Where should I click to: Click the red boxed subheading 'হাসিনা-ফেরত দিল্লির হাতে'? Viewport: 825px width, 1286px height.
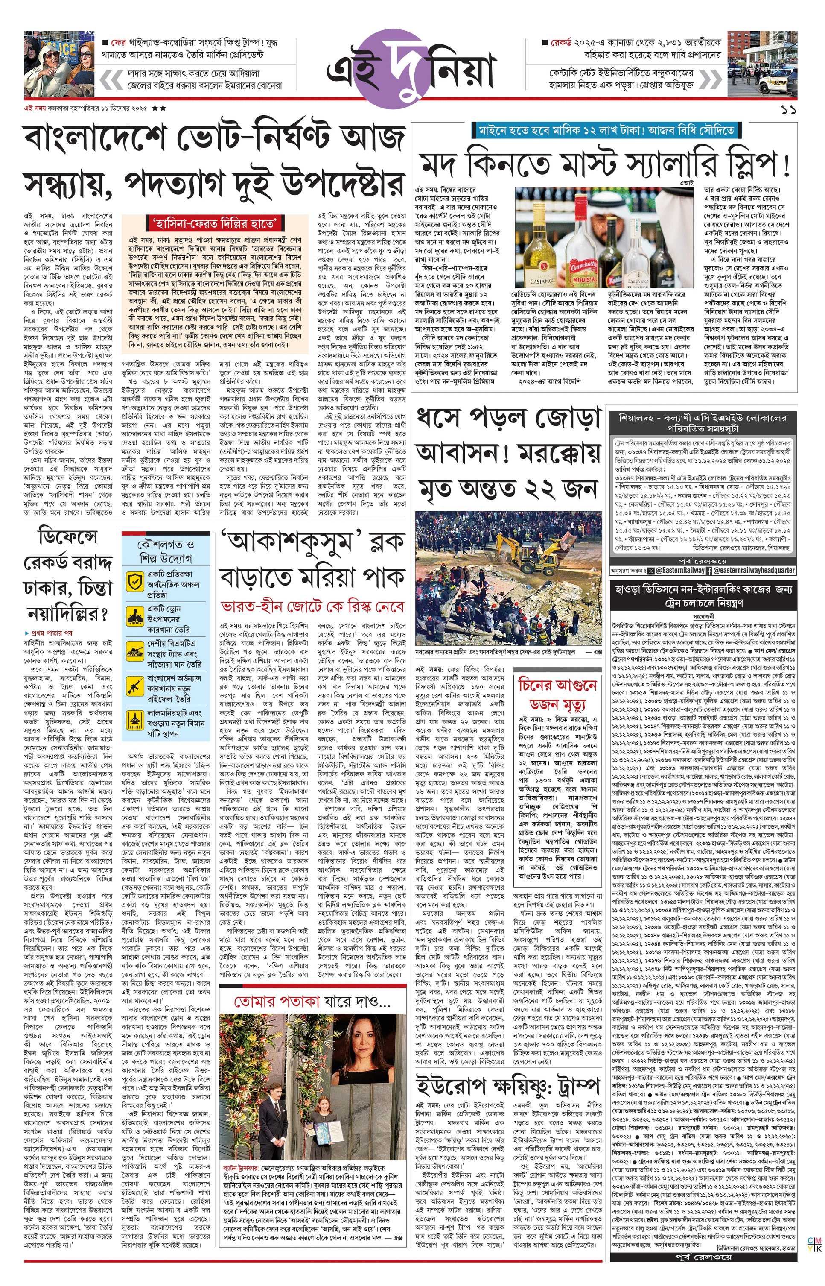pyautogui.click(x=215, y=223)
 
